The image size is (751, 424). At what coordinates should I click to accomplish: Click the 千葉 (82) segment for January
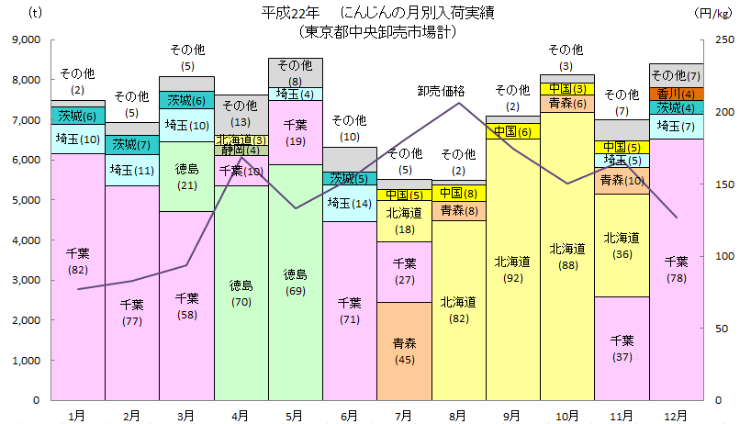coord(78,275)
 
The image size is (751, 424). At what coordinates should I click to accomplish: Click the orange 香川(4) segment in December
coord(677,94)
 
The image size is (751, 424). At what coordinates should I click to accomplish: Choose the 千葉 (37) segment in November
coord(622,349)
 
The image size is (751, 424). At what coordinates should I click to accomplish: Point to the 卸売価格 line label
coord(442,91)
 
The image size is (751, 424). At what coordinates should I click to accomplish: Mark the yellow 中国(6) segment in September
coord(512,131)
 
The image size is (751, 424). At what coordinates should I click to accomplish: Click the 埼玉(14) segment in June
coord(350,204)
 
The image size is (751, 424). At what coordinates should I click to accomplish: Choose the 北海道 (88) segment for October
coord(567,257)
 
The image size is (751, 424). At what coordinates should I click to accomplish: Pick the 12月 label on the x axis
coord(677,416)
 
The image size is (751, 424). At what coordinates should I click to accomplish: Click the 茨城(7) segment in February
coord(132,145)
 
